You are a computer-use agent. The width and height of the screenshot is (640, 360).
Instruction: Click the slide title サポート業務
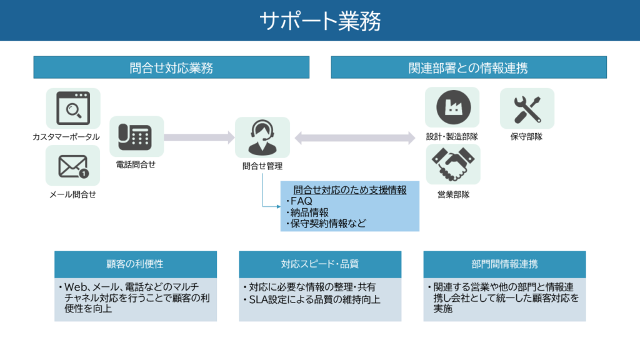point(320,21)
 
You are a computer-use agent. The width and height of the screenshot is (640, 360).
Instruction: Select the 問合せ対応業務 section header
point(171,67)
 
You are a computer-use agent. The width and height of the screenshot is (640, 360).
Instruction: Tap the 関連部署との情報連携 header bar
point(468,67)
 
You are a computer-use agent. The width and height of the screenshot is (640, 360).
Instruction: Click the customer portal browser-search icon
point(73,108)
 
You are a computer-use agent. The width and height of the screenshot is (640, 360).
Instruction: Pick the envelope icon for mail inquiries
point(73,166)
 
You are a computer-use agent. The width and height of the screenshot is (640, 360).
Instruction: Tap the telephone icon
point(136,136)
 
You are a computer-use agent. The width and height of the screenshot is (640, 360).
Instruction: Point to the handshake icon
point(452,164)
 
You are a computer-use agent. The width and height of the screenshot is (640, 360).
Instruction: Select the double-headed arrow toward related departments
point(355,137)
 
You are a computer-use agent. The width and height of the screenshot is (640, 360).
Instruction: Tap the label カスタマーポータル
point(66,136)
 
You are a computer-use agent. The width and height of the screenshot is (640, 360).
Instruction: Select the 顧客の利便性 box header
point(135,264)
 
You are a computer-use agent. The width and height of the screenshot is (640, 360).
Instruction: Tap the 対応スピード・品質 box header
point(319,264)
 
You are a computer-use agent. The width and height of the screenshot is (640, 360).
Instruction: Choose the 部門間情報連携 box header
point(504,264)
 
